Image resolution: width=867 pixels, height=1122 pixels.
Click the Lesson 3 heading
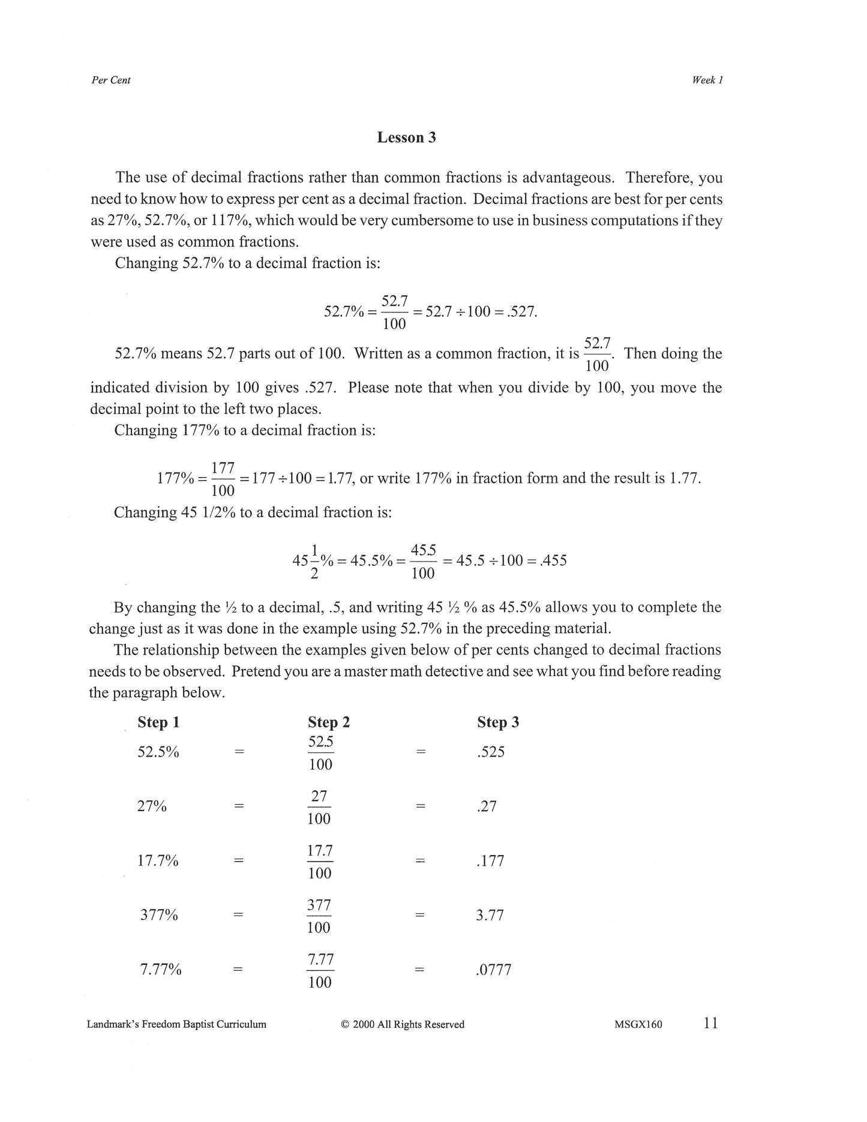click(x=406, y=137)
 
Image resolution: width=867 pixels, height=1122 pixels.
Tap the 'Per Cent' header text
click(x=111, y=80)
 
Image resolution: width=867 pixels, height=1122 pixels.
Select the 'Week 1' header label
click(x=707, y=80)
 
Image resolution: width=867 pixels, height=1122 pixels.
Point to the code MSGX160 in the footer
click(x=638, y=1025)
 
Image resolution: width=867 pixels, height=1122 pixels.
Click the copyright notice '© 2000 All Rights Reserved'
click(x=403, y=1025)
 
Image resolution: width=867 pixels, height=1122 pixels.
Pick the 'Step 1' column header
click(x=158, y=722)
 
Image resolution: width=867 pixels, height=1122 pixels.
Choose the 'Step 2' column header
click(x=328, y=722)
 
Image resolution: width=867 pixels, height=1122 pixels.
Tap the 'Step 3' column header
click(x=498, y=722)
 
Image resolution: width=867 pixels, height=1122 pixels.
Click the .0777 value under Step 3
click(x=493, y=970)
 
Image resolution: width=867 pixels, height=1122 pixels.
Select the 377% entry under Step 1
click(x=159, y=916)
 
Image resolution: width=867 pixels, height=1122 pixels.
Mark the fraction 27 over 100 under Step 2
click(x=319, y=807)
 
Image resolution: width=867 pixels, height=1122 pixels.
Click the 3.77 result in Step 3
click(x=490, y=916)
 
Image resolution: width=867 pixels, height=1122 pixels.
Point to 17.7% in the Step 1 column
click(x=158, y=861)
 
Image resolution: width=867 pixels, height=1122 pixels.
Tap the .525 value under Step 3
click(x=491, y=752)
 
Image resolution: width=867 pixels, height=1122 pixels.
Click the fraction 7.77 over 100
click(x=320, y=970)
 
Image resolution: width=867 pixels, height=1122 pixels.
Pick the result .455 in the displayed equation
click(x=553, y=561)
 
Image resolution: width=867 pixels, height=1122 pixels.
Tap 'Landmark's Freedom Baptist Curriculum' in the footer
click(x=176, y=1025)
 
